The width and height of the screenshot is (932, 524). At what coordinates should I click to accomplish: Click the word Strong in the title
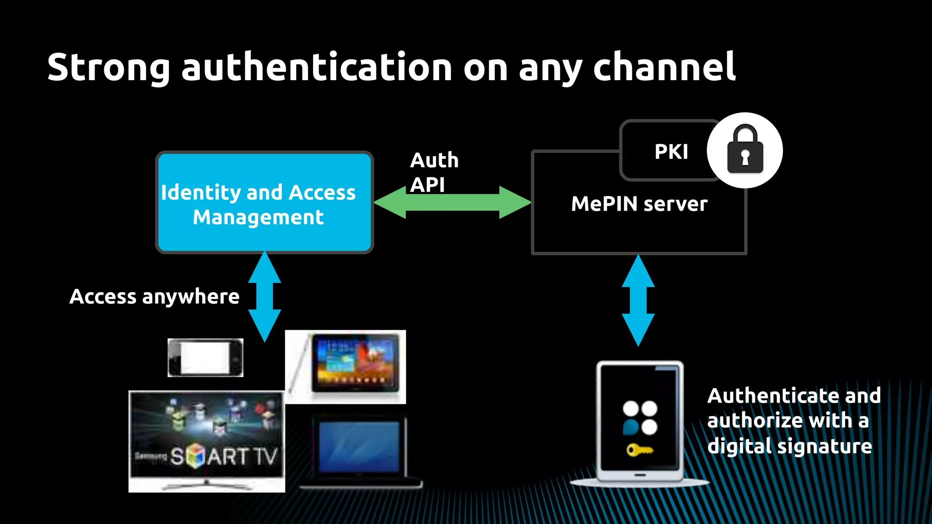click(108, 67)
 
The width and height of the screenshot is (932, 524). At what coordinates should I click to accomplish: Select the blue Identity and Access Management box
click(264, 203)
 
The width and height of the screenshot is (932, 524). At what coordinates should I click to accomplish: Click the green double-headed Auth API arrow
click(452, 202)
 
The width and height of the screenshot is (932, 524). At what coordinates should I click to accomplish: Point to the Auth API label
click(434, 172)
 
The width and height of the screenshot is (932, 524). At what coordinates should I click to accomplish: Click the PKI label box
click(671, 151)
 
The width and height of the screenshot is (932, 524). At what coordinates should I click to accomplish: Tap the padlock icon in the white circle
click(745, 151)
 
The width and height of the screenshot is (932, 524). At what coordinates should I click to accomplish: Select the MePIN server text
click(639, 204)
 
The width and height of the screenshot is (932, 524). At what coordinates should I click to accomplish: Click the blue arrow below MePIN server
click(638, 300)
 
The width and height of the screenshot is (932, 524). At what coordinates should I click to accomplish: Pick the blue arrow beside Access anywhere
click(264, 297)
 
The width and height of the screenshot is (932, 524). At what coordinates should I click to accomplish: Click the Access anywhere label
click(154, 297)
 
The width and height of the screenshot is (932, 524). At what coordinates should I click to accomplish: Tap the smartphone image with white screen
click(205, 358)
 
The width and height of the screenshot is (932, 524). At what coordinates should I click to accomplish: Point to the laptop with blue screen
click(360, 448)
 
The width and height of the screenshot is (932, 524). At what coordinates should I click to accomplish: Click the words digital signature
click(789, 446)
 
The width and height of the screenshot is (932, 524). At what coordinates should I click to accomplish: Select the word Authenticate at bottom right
click(774, 396)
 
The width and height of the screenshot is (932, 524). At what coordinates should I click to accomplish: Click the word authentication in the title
click(317, 67)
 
